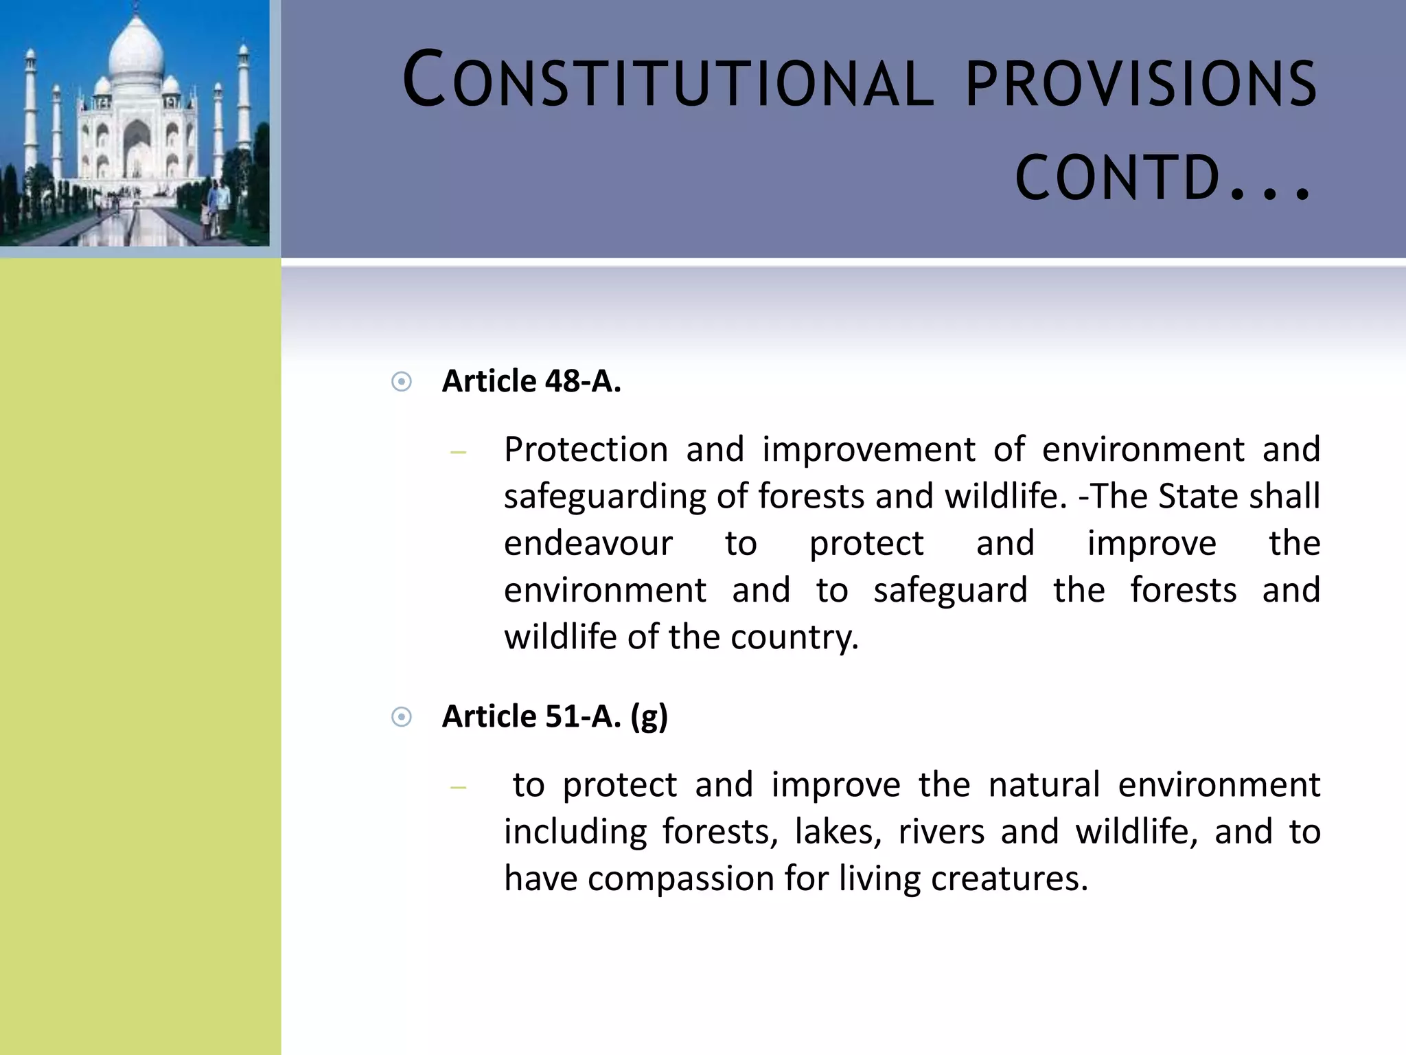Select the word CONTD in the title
1116,177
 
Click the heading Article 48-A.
531,381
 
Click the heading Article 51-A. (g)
555,716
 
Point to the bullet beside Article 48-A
402,382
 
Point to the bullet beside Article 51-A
402,718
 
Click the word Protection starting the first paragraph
586,450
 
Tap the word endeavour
588,544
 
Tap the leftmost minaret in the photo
30,110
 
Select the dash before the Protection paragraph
458,453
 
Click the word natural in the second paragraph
1044,785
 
